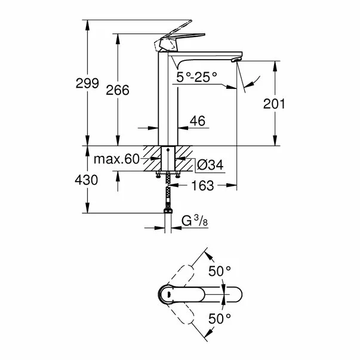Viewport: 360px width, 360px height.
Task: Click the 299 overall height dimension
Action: point(88,84)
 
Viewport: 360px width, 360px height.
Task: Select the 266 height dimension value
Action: point(118,90)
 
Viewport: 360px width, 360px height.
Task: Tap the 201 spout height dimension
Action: point(275,104)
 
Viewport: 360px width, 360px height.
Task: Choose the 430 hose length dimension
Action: point(87,179)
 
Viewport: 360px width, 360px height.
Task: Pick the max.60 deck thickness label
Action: point(116,159)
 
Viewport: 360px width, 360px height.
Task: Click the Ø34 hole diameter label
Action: point(210,164)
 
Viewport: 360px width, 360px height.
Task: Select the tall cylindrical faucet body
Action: point(168,101)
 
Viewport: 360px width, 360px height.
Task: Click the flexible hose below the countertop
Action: point(168,191)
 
